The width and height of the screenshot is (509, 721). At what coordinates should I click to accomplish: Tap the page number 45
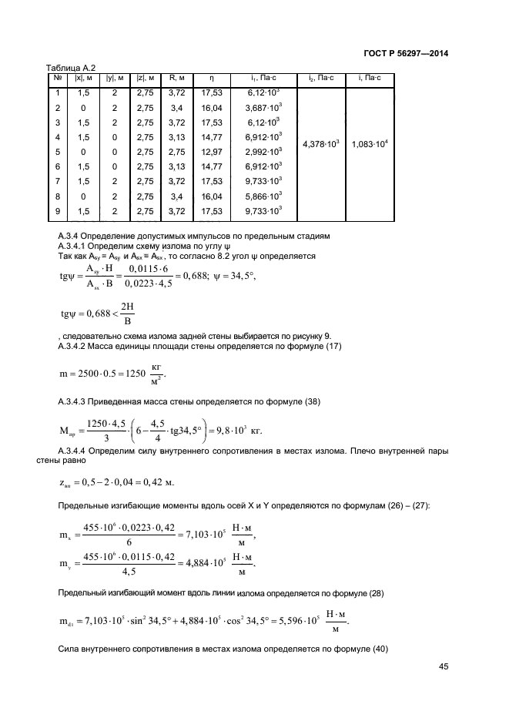[442, 667]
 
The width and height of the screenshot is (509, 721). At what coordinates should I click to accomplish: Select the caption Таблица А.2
[71, 68]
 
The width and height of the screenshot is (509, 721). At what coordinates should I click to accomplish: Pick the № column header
[58, 78]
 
